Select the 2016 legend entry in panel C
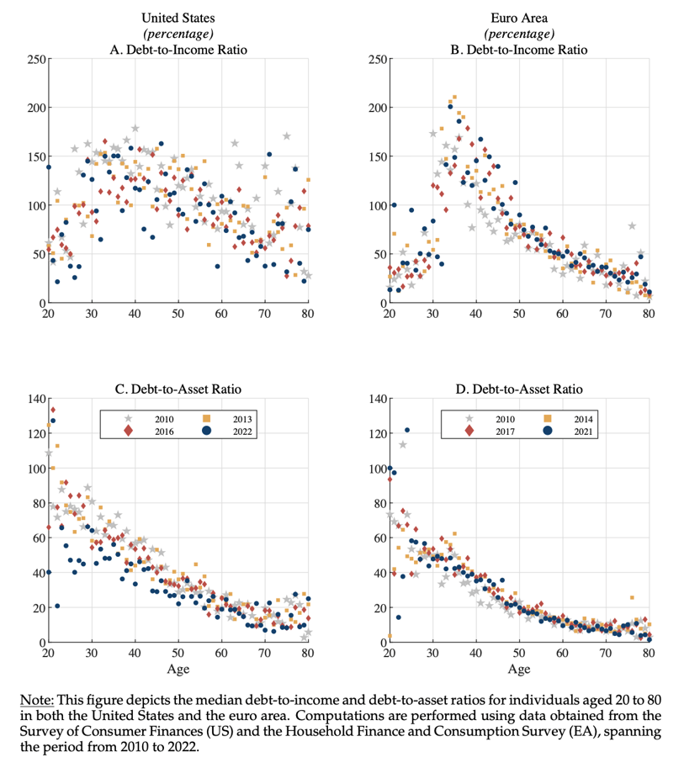coord(148,431)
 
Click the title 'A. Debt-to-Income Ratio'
coord(178,50)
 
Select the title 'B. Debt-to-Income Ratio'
coord(519,50)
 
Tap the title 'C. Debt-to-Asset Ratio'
coord(178,389)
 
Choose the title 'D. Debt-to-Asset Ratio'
coord(519,389)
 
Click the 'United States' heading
coord(178,19)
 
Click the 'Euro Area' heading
coord(519,19)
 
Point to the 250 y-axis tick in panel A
coord(37,59)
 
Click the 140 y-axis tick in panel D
coord(378,399)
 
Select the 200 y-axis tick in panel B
coord(378,108)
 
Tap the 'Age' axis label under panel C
coord(178,669)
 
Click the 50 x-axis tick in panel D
coord(519,653)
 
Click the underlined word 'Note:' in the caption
coord(37,700)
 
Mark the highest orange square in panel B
coord(454,97)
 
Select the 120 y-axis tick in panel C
coord(37,433)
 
